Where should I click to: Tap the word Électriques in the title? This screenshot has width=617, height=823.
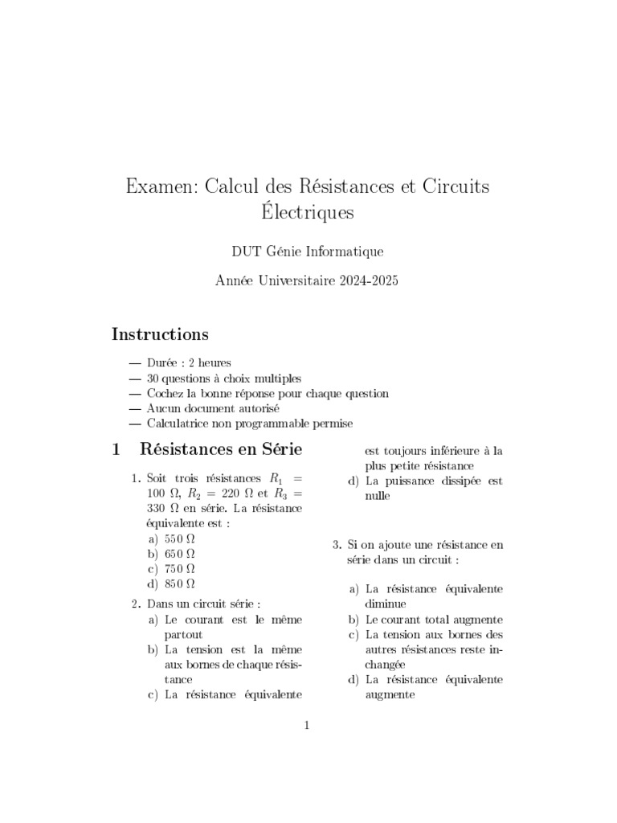(x=308, y=215)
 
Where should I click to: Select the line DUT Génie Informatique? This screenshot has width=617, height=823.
(x=308, y=252)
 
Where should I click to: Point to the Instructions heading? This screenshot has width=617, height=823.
(x=160, y=334)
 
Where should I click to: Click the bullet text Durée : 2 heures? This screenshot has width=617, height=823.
(x=189, y=363)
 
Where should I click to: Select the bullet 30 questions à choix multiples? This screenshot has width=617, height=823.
(x=224, y=379)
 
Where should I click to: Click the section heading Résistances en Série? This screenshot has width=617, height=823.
(x=221, y=448)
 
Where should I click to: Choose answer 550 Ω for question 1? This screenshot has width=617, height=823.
(x=180, y=538)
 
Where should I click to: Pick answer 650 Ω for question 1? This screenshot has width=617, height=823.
(x=180, y=554)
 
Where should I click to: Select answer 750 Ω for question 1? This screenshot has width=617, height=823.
(x=180, y=568)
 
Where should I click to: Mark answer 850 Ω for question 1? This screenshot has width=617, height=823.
(x=180, y=583)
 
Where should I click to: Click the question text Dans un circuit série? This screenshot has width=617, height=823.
(x=204, y=604)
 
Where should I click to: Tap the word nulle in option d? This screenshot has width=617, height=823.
(x=377, y=496)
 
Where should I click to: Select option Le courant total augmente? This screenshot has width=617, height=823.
(x=434, y=620)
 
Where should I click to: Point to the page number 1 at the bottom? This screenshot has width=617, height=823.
(x=306, y=726)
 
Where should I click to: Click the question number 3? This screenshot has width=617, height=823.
(x=337, y=545)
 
